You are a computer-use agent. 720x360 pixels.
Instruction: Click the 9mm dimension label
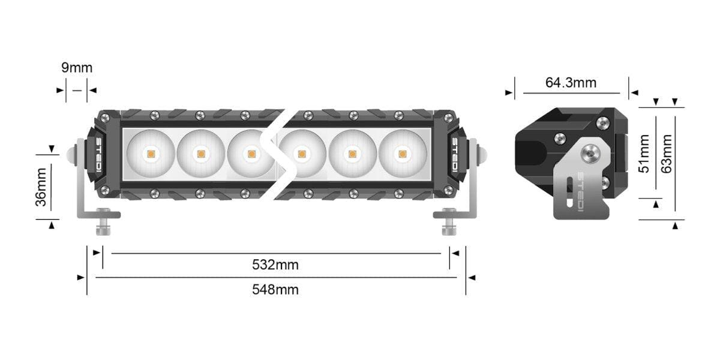pyautogui.click(x=77, y=67)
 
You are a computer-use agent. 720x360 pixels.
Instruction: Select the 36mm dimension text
pyautogui.click(x=41, y=187)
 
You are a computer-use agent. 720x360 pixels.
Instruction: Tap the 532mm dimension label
pyautogui.click(x=275, y=265)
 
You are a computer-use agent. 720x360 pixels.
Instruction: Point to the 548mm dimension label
pyautogui.click(x=275, y=290)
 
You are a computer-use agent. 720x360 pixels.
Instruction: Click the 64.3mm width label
pyautogui.click(x=571, y=83)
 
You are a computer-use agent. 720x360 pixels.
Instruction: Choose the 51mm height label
pyautogui.click(x=644, y=153)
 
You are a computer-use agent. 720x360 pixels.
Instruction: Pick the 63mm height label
pyautogui.click(x=666, y=153)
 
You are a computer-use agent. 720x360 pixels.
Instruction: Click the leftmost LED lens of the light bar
pyautogui.click(x=151, y=154)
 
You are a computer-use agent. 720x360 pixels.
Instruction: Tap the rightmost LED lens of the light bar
pyautogui.click(x=402, y=154)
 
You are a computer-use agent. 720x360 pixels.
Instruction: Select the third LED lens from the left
pyautogui.click(x=251, y=154)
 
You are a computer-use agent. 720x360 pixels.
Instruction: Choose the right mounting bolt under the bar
pyautogui.click(x=447, y=224)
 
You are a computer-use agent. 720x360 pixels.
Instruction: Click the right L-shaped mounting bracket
pyautogui.click(x=472, y=192)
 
